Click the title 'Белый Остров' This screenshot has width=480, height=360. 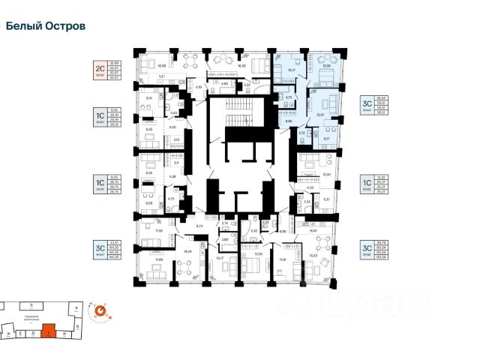click(x=45, y=25)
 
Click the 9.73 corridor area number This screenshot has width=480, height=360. click(x=200, y=226)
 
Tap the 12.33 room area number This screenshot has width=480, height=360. click(x=325, y=174)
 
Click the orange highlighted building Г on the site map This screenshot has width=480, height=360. click(x=50, y=329)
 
